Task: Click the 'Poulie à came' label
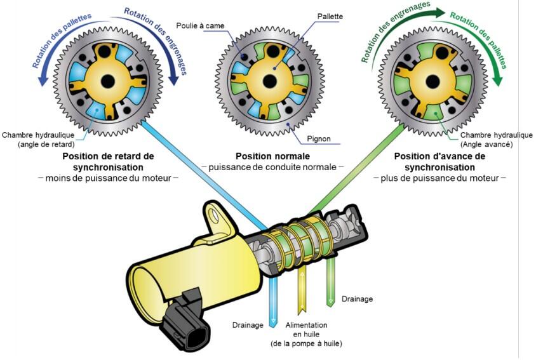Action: pyautogui.click(x=200, y=25)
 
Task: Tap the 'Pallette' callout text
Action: pyautogui.click(x=330, y=17)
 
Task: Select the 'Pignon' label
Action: pyautogui.click(x=319, y=139)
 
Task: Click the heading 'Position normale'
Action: pyautogui.click(x=273, y=156)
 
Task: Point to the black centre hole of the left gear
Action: pyautogui.click(x=108, y=81)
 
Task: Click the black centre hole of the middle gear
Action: pyautogui.click(x=269, y=81)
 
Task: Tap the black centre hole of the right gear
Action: pyautogui.click(x=432, y=81)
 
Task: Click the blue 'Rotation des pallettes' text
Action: pyautogui.click(x=62, y=40)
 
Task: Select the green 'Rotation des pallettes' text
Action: pyautogui.click(x=479, y=39)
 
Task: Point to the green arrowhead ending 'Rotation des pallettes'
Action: pyautogui.click(x=499, y=80)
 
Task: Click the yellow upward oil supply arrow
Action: pyautogui.click(x=302, y=290)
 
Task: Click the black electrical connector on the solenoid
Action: pyautogui.click(x=186, y=319)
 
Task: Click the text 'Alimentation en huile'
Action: pyautogui.click(x=306, y=330)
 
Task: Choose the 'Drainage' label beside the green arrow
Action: pyautogui.click(x=357, y=299)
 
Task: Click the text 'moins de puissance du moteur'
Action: pyautogui.click(x=108, y=178)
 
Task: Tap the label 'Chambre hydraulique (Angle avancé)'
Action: pyautogui.click(x=496, y=140)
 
